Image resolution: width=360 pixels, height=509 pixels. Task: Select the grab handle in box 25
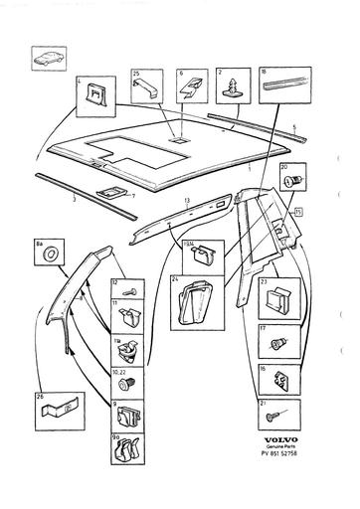146,87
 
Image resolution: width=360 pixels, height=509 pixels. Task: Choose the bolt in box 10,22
123,382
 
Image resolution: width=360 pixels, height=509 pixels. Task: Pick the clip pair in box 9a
125,447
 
